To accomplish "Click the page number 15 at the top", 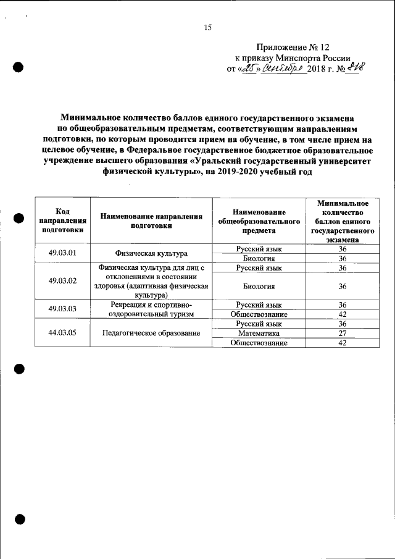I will (207, 27).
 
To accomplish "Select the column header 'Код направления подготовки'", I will (62, 221).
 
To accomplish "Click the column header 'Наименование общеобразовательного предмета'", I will (259, 221).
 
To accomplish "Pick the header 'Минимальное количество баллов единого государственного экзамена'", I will (343, 221).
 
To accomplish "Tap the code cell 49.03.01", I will (62, 253).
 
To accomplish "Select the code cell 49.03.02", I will (62, 281).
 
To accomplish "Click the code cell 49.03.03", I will (62, 309).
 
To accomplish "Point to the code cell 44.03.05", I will (62, 333).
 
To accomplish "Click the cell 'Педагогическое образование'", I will (151, 334).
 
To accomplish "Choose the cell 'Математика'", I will (259, 334).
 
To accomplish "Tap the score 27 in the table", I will (343, 334).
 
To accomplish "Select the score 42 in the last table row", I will (343, 343).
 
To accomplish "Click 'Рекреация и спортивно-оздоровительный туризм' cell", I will (151, 309).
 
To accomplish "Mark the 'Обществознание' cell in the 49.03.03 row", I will (259, 314).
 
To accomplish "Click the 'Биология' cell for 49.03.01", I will (259, 258).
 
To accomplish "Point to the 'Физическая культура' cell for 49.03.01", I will (151, 254).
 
